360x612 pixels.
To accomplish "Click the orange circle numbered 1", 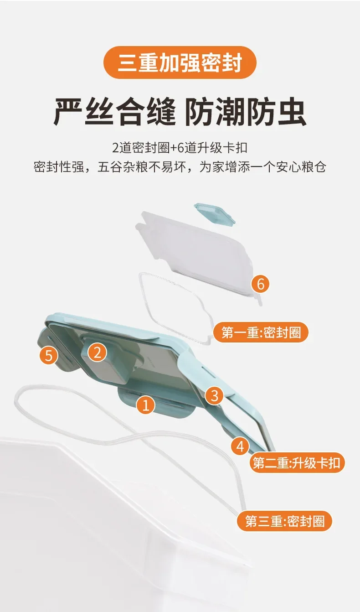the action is pyautogui.click(x=146, y=405).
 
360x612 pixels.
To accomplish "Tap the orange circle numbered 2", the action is pyautogui.click(x=98, y=352).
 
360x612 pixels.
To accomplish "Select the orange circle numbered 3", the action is pyautogui.click(x=215, y=395).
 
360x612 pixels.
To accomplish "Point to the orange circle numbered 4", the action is pyautogui.click(x=240, y=446).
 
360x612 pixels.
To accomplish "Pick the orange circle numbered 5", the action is pyautogui.click(x=49, y=355).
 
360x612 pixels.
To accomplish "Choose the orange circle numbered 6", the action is pyautogui.click(x=260, y=284).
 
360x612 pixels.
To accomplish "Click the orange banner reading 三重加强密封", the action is pyautogui.click(x=180, y=62).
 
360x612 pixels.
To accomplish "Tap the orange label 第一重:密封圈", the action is pyautogui.click(x=261, y=332).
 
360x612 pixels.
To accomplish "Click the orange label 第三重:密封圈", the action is pyautogui.click(x=285, y=521).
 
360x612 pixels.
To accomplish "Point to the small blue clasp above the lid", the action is pyautogui.click(x=214, y=214).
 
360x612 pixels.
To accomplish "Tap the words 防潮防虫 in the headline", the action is pyautogui.click(x=245, y=113).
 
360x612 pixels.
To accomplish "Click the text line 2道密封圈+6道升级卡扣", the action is pyautogui.click(x=180, y=148).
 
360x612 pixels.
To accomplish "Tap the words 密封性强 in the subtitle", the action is pyautogui.click(x=59, y=166).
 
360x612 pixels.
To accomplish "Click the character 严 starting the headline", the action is pyautogui.click(x=68, y=113).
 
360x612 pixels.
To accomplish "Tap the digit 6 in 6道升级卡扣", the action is pyautogui.click(x=180, y=148).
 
